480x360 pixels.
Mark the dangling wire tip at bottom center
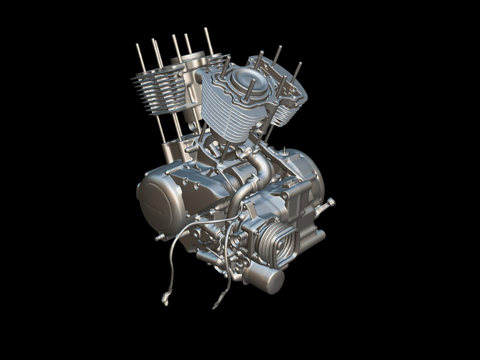(214, 305)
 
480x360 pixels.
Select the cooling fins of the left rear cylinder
(160, 95)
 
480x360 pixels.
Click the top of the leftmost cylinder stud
(138, 46)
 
